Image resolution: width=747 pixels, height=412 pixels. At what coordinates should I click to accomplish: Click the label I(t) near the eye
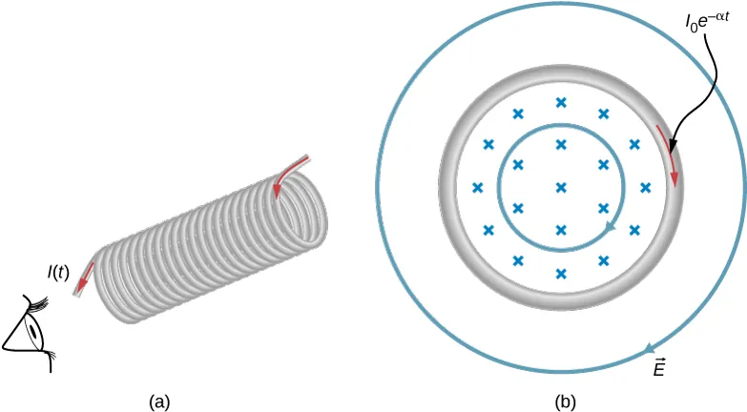(57, 273)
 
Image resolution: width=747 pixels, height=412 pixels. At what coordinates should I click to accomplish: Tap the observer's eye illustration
(29, 335)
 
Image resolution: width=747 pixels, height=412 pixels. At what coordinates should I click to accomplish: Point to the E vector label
(659, 368)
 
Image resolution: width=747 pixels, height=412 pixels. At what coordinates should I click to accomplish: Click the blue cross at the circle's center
(561, 187)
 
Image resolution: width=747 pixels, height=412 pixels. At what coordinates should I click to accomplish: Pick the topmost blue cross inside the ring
(561, 102)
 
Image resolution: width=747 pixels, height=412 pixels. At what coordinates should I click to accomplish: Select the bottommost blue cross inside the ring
(561, 273)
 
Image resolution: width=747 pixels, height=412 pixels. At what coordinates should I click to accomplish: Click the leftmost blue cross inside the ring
(477, 187)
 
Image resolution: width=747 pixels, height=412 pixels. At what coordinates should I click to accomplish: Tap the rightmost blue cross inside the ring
(646, 187)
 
